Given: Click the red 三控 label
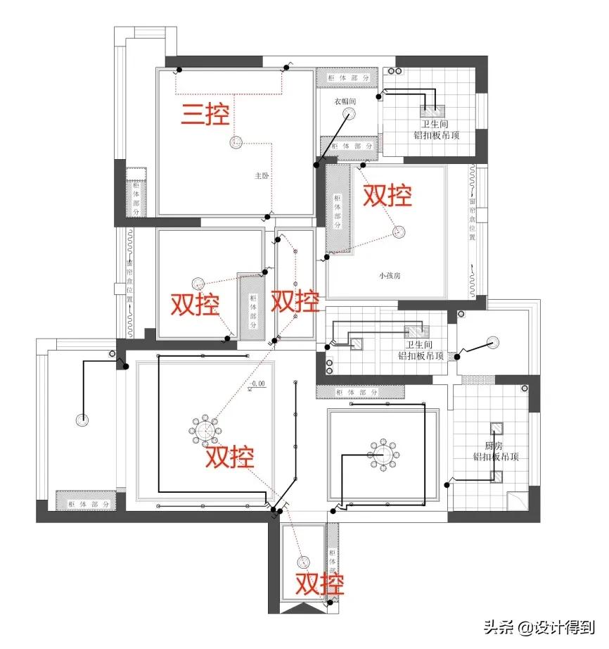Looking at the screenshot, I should pos(206,114).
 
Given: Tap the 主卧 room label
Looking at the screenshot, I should pos(262,177).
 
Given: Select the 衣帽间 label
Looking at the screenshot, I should pos(345,102).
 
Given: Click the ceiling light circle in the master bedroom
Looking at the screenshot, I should pos(235,144).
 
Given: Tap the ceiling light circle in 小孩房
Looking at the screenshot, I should pos(400,231).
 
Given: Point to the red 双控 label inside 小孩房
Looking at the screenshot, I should pos(387,195).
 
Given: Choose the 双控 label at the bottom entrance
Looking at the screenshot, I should pos(319,584).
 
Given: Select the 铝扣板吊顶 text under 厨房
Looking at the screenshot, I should pos(496,457).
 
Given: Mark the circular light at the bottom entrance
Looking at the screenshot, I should pos(304,562).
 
